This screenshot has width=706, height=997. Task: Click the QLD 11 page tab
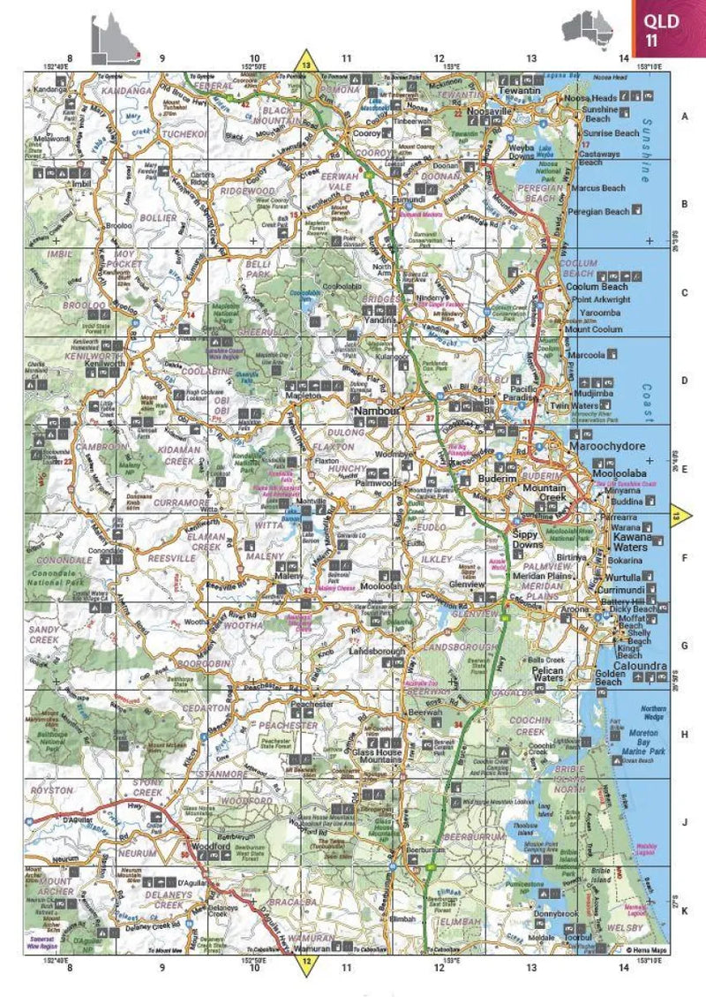tap(668, 28)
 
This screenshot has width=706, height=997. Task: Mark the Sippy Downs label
tap(530, 540)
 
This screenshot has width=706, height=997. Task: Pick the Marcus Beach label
tap(597, 188)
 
